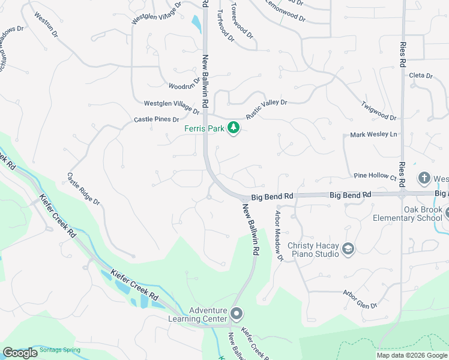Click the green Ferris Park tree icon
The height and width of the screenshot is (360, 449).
(x=233, y=129)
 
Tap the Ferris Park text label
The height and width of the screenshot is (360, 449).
(x=204, y=129)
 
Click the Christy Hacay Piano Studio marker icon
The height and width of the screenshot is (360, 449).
(x=348, y=248)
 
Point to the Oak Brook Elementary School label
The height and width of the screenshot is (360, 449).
(x=407, y=214)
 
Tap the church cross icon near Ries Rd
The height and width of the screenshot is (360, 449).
(x=424, y=178)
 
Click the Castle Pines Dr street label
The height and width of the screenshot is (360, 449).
(x=157, y=119)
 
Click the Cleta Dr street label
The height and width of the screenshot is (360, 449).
(x=421, y=76)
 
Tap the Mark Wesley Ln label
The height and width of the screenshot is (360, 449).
(x=374, y=134)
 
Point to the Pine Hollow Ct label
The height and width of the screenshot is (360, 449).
(x=375, y=177)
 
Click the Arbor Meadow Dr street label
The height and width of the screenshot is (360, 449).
(x=279, y=235)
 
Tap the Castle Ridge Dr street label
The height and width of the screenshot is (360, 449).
(x=83, y=188)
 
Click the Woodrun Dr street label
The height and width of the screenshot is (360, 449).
(x=184, y=83)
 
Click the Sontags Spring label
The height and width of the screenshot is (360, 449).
(x=59, y=349)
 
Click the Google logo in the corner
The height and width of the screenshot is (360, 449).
(x=20, y=353)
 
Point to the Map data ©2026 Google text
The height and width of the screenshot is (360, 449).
(x=412, y=355)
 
